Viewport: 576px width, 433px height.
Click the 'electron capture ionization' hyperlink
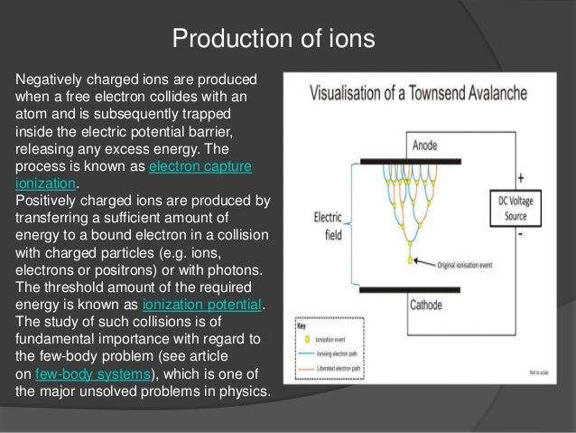coord(200,167)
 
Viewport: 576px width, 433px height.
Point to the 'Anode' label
coord(425,146)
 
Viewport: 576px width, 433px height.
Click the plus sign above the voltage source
coord(520,177)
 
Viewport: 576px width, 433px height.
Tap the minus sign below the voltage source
coord(520,234)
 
